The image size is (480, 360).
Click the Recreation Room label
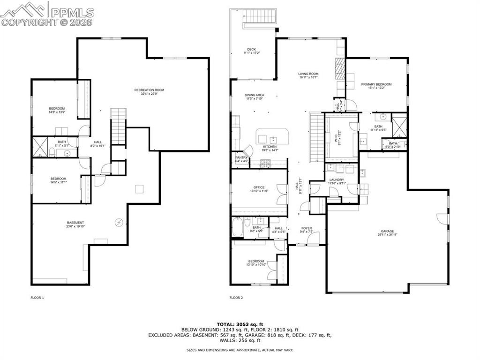pyautogui.click(x=149, y=90)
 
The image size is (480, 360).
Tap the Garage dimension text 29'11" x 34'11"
pyautogui.click(x=387, y=234)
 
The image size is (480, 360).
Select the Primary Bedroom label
pyautogui.click(x=376, y=84)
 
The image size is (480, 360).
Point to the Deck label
pyautogui.click(x=251, y=49)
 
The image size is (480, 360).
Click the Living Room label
pyautogui.click(x=308, y=74)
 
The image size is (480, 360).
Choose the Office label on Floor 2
pyautogui.click(x=259, y=187)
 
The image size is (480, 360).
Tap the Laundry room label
pyautogui.click(x=337, y=180)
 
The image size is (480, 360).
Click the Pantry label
pyautogui.click(x=241, y=157)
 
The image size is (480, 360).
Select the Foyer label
pyautogui.click(x=307, y=228)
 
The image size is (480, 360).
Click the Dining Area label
pyautogui.click(x=255, y=95)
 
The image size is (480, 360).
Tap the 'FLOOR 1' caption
pyautogui.click(x=37, y=298)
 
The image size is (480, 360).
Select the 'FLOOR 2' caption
pyautogui.click(x=236, y=298)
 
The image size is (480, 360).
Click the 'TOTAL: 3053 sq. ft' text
pyautogui.click(x=240, y=324)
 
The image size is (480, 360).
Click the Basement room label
pyautogui.click(x=75, y=223)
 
